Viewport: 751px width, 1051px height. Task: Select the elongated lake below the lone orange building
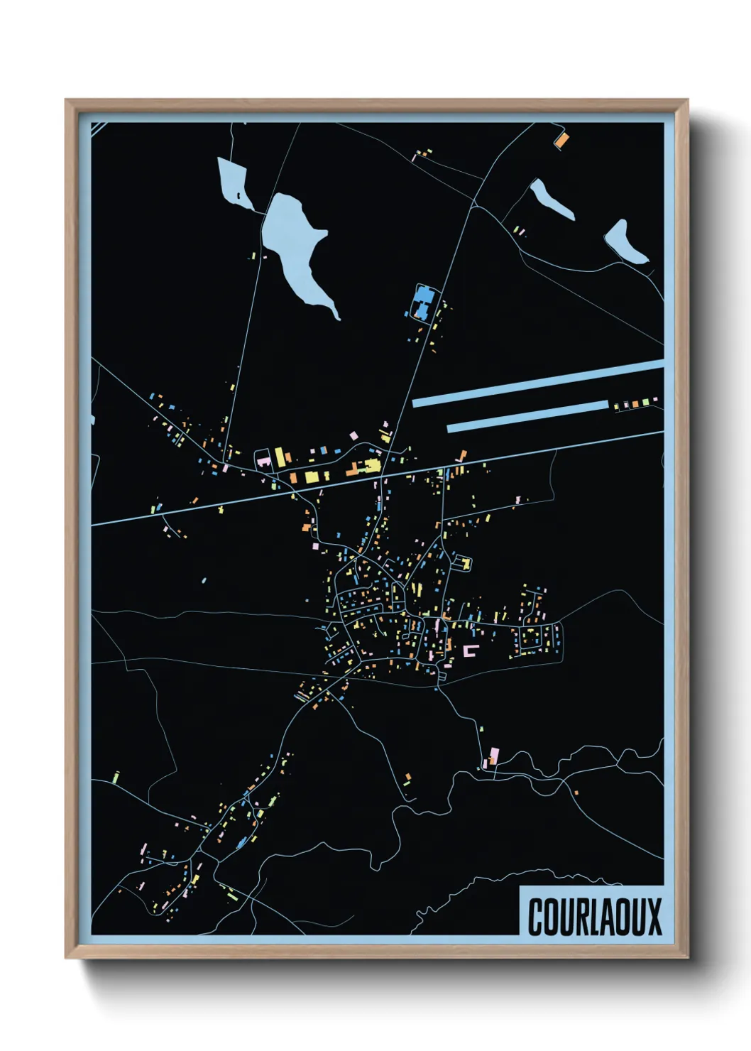(x=550, y=199)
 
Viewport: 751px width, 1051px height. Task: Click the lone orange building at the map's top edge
(x=561, y=138)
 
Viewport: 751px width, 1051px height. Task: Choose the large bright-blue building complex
(x=422, y=302)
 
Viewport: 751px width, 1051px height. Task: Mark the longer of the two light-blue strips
(x=537, y=383)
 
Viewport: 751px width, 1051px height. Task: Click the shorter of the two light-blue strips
(x=527, y=415)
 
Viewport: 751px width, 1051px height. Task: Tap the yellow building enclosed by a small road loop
(x=466, y=563)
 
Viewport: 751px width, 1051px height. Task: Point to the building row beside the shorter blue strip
(x=635, y=403)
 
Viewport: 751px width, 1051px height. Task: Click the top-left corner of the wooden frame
(x=67, y=102)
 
